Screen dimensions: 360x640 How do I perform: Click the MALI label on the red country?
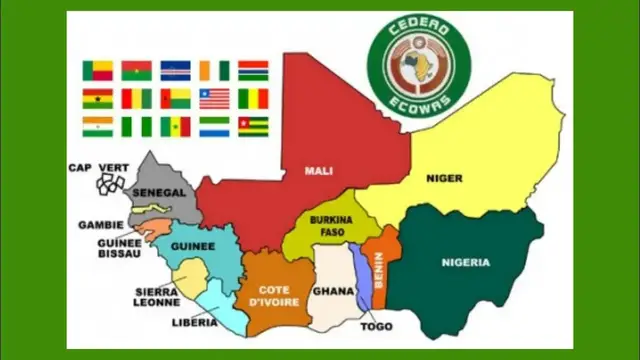click(x=319, y=170)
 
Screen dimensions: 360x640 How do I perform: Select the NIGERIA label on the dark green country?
click(x=466, y=263)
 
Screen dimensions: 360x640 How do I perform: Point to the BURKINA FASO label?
click(x=327, y=225)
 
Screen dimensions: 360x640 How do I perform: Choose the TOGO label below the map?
click(x=376, y=326)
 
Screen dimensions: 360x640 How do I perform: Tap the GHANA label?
click(x=332, y=291)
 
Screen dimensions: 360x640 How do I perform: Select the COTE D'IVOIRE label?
click(x=268, y=295)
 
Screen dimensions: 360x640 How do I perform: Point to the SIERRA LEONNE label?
click(x=157, y=296)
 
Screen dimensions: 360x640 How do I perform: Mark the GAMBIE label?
click(x=100, y=225)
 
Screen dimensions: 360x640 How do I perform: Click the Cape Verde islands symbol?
click(x=110, y=184)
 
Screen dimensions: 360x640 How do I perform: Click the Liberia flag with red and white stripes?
click(x=214, y=98)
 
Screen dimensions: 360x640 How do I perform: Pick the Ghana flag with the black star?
click(x=97, y=98)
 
